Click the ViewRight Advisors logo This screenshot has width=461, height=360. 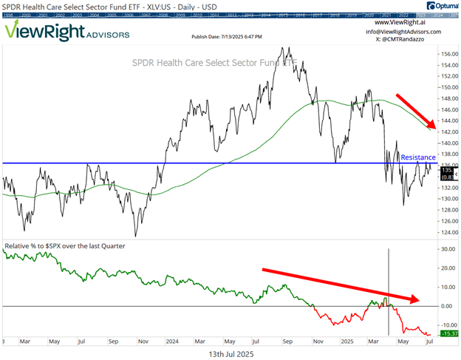tap(66, 32)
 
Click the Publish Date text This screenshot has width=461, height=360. tap(223, 36)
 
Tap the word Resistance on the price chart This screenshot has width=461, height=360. tap(418, 157)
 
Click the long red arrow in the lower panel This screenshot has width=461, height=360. tap(341, 284)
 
